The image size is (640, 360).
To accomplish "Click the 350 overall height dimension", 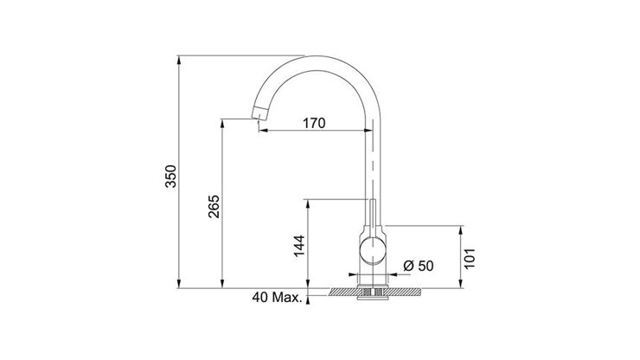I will coord(170,176).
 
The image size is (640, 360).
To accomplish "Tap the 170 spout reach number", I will coord(314,123).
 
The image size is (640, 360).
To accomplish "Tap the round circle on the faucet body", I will coord(374,254).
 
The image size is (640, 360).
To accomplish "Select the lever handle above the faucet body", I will coord(373,215).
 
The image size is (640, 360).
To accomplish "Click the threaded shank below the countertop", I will coord(373,299).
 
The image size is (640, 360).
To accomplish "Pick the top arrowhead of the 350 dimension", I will coord(178,61).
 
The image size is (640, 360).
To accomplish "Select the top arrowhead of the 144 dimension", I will coord(307,202).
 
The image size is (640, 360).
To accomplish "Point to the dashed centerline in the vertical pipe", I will coord(373,164).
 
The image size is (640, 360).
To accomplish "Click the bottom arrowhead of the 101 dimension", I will coord(460,285).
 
